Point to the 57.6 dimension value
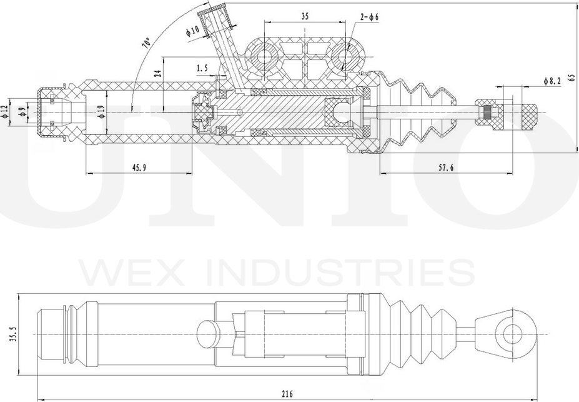[445, 167]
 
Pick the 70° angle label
[146, 43]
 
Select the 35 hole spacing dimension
[304, 17]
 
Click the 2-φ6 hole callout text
[370, 17]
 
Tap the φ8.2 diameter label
[553, 81]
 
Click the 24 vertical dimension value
[157, 73]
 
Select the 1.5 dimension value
[202, 68]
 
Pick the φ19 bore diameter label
[100, 113]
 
